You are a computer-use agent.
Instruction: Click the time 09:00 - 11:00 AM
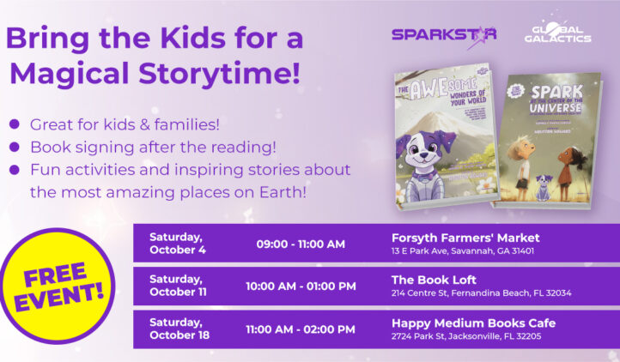(301, 244)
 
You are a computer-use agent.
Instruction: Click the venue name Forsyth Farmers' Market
(465, 237)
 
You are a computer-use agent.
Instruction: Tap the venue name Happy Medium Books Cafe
(473, 322)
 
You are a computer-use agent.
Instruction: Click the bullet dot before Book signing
(14, 147)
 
